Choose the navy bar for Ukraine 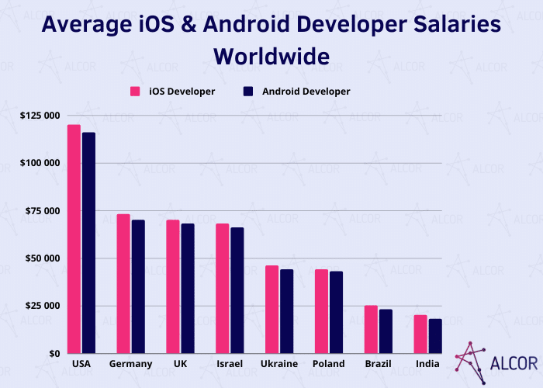point(287,310)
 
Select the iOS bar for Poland point(322,310)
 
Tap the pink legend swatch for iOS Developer point(134,92)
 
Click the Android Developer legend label point(306,92)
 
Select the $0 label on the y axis point(54,353)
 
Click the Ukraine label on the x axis point(279,364)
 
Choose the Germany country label point(130,364)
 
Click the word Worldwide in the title point(271,56)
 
